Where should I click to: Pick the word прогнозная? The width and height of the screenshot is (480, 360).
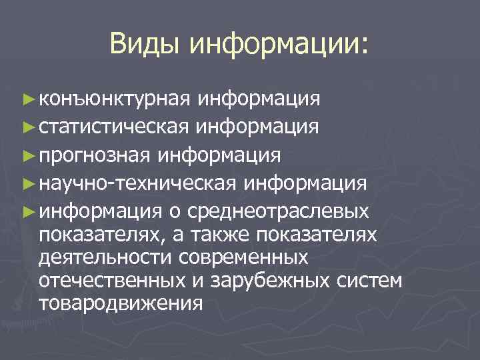[96, 155]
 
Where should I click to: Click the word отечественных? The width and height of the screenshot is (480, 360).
[113, 280]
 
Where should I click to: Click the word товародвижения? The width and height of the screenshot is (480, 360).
[121, 303]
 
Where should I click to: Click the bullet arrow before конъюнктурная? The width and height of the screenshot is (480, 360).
[27, 100]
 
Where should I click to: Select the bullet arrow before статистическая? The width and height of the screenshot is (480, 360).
[27, 127]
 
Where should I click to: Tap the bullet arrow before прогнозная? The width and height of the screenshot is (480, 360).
[27, 155]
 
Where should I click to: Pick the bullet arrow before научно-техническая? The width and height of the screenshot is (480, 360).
[27, 182]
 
